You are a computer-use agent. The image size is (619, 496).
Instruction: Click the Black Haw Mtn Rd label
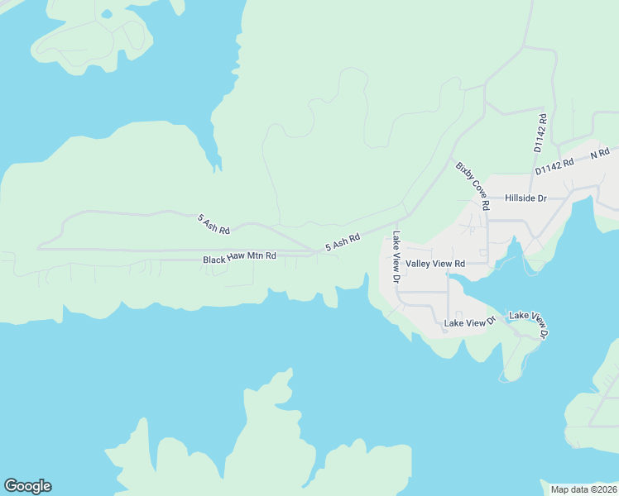point(239,258)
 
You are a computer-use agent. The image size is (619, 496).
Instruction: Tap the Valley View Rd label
point(435,264)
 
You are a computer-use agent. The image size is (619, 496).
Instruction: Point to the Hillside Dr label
point(525,198)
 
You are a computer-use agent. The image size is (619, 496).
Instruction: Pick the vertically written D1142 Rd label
point(540,133)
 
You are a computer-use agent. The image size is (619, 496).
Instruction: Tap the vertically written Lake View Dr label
point(396,258)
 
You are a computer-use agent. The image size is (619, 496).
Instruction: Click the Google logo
point(27,486)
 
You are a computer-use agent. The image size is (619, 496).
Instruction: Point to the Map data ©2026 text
point(583,489)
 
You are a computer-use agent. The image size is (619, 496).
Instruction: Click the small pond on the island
point(106,13)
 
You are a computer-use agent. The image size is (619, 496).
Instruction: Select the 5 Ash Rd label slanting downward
point(214,223)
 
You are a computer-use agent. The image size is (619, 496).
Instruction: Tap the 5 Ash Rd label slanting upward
point(343,242)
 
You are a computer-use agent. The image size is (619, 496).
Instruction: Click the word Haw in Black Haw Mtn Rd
point(239,258)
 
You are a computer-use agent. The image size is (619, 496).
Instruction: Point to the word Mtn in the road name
point(258,257)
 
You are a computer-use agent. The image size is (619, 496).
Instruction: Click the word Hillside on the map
point(521,198)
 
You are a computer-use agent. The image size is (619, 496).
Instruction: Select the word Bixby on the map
point(463,170)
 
